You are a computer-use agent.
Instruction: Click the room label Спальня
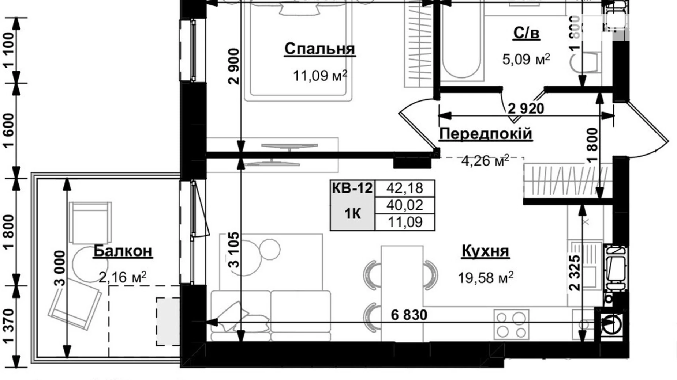click(x=319, y=49)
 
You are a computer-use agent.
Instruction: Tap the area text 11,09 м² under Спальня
click(x=319, y=76)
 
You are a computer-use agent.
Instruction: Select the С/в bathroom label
click(x=526, y=33)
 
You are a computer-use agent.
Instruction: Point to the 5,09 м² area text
click(x=526, y=59)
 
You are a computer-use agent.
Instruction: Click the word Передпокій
click(x=485, y=134)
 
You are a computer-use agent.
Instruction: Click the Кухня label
click(x=485, y=251)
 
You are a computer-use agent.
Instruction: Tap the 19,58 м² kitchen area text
click(x=485, y=278)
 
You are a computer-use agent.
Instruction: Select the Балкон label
click(x=123, y=251)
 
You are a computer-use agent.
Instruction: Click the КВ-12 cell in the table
click(x=352, y=189)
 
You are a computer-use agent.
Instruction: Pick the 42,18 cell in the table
click(x=405, y=189)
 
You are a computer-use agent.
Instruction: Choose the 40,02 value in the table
click(x=405, y=205)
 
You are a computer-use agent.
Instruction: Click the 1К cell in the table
click(x=352, y=213)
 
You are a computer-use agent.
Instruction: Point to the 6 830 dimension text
click(x=409, y=315)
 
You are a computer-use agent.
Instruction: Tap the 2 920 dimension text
click(x=526, y=109)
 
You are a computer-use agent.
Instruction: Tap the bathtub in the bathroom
click(x=461, y=44)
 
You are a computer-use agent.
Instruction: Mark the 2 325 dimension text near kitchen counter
click(x=575, y=273)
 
